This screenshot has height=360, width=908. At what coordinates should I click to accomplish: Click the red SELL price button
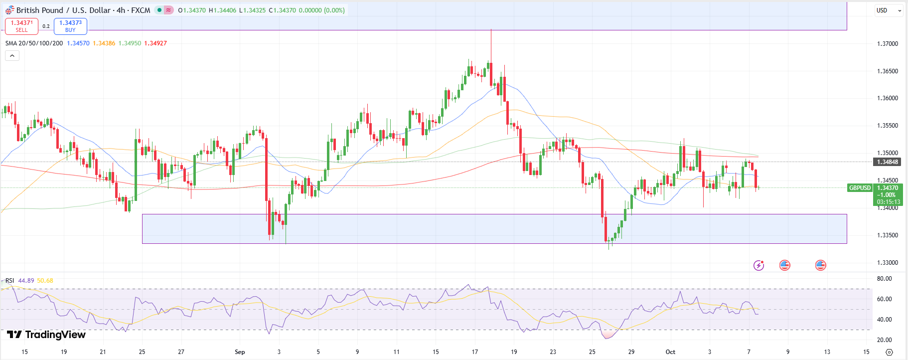point(21,26)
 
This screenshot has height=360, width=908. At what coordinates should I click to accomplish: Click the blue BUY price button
point(70,26)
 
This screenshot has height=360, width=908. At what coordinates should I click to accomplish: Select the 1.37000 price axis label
point(887,44)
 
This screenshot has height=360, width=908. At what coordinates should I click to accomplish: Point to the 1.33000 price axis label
point(887,263)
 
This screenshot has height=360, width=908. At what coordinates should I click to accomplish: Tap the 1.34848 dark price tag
point(887,162)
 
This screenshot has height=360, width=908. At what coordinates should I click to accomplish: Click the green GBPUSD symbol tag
point(860,188)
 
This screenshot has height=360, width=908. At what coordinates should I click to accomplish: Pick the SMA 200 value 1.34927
point(155,43)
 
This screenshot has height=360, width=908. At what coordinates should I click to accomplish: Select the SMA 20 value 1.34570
point(78,43)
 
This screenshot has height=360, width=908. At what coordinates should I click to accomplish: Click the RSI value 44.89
point(26,281)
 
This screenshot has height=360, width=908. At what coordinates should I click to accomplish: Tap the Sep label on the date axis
point(240,352)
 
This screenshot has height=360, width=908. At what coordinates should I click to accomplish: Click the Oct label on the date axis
point(670,352)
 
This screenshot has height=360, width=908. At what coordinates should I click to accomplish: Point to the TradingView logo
point(46,335)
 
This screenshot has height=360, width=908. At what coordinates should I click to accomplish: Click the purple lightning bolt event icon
point(758,265)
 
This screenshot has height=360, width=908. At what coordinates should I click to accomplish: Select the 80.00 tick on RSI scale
point(884,279)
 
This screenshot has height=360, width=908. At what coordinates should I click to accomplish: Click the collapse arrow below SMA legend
point(12,56)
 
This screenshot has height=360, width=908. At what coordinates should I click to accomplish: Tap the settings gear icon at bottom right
point(889,352)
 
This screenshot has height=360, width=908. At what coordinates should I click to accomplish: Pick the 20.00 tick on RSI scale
point(884,340)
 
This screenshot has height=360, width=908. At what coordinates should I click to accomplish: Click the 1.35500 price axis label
point(887,126)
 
